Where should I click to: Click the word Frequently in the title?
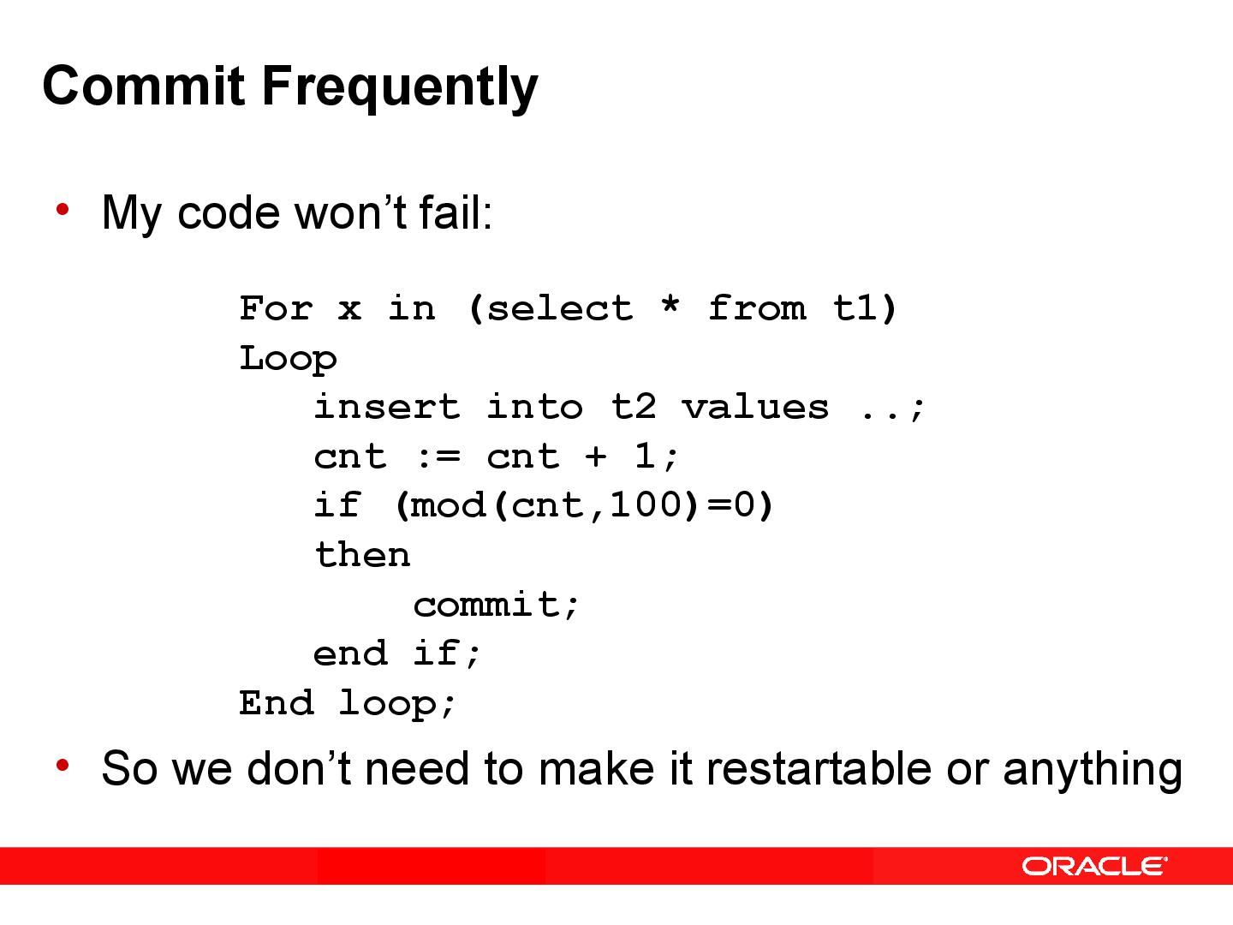[399, 87]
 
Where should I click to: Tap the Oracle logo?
[1094, 866]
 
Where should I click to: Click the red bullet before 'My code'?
[63, 209]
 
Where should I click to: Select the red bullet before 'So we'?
[63, 765]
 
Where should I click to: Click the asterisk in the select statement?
[670, 306]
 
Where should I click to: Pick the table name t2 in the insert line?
[634, 406]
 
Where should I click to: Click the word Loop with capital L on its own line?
[288, 358]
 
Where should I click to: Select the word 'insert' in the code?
[387, 406]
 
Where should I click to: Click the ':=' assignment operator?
[437, 457]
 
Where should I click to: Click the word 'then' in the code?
[362, 555]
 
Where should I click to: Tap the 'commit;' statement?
[497, 605]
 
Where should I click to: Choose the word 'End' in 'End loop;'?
[276, 703]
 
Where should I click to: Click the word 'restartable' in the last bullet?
[818, 767]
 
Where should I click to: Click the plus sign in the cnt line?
[596, 457]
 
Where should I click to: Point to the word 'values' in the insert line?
[755, 406]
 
